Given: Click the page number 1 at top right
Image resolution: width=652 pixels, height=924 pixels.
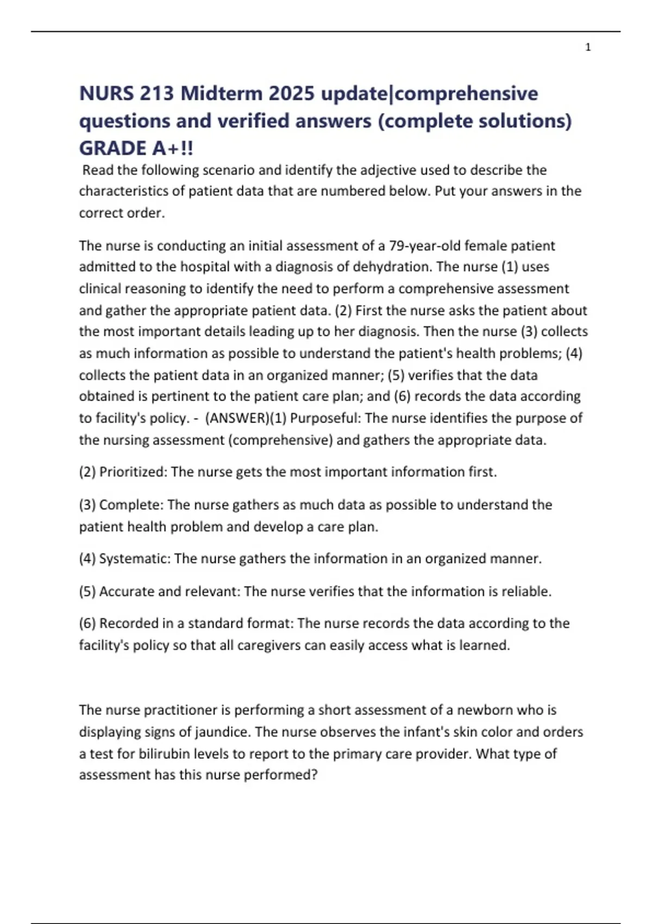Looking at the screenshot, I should click(x=588, y=48).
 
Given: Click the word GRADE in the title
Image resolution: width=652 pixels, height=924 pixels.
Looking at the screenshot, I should click(x=112, y=148).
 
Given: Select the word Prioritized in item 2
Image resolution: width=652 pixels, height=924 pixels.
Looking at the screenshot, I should click(x=133, y=472).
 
